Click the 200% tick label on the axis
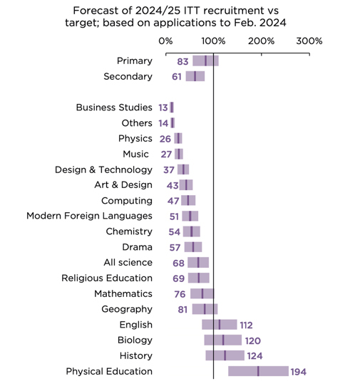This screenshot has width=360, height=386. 261,41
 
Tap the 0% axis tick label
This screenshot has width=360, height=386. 165,41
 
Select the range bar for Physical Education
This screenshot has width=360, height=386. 258,371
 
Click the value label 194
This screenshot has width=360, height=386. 299,372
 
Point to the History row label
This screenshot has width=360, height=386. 136,355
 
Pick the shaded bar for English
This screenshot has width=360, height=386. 220,325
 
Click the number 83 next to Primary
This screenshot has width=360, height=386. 182,61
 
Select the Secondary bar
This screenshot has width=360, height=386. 195,76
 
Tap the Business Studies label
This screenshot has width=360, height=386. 114,108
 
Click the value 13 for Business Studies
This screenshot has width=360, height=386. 163,108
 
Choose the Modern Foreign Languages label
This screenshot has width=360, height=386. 89,216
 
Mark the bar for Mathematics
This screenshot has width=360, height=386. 202,293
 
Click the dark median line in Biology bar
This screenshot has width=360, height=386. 223,340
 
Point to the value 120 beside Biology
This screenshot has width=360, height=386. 253,340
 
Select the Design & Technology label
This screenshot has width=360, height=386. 103,169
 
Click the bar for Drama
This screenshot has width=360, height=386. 193,247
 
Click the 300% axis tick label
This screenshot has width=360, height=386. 309,41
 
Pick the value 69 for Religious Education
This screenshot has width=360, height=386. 179,278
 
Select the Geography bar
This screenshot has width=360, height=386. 205,309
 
